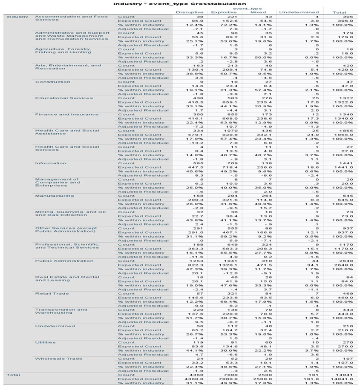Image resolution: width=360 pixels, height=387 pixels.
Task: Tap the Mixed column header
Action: click(258, 12)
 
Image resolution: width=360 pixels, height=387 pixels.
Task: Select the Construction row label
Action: click(52, 82)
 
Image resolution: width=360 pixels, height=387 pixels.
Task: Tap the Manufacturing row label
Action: click(54, 196)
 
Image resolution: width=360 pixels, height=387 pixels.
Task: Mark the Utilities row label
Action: click(45, 342)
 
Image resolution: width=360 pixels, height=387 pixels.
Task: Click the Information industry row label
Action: click(50, 163)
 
